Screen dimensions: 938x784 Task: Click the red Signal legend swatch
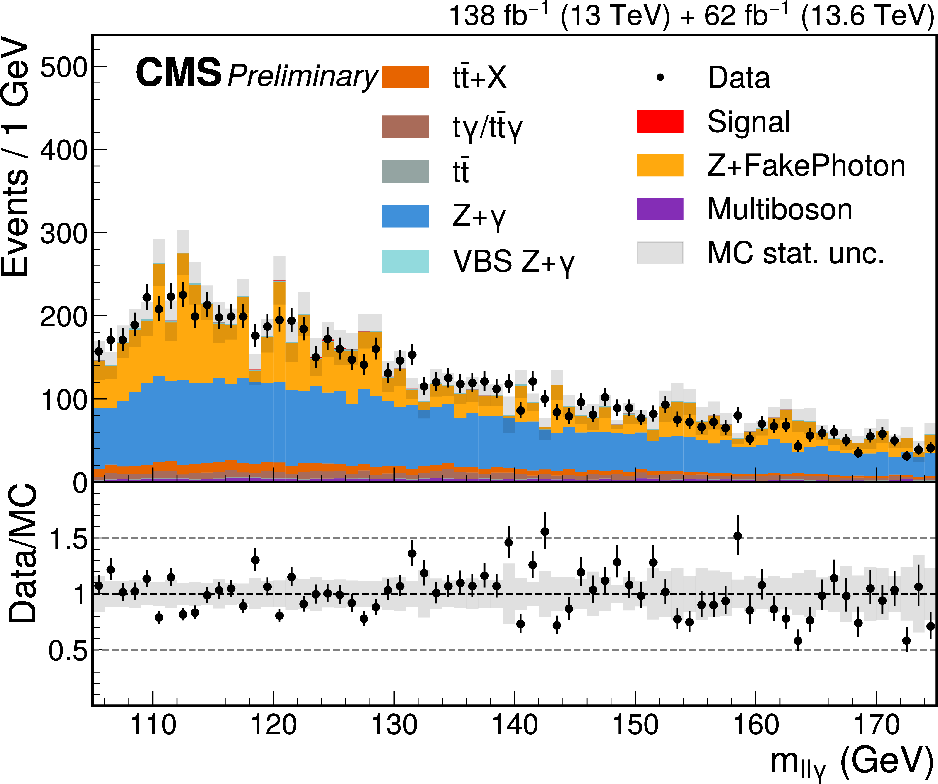click(x=660, y=121)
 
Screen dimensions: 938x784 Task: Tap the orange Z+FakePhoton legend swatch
click(x=660, y=165)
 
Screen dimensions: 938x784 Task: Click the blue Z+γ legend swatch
click(x=405, y=216)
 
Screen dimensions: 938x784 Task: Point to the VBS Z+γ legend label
click(x=514, y=262)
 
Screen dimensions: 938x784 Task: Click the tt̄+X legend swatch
click(x=405, y=77)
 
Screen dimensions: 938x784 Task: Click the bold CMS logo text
click(x=179, y=72)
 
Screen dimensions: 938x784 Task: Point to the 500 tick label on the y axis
click(x=63, y=68)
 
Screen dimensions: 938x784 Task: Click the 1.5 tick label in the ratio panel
click(x=68, y=539)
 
